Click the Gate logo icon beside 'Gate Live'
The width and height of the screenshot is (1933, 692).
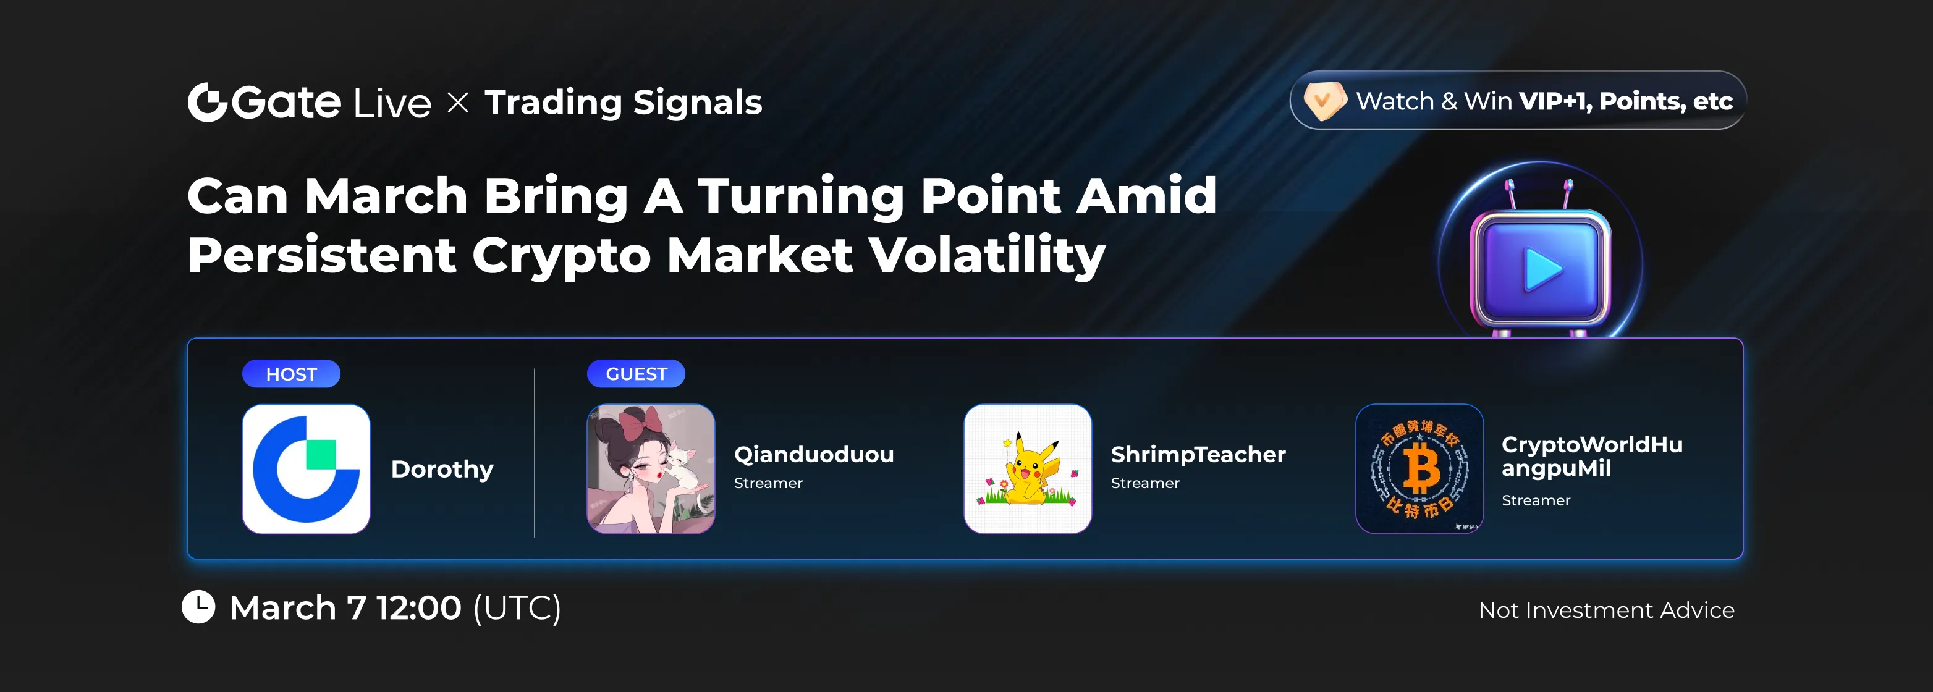click(207, 102)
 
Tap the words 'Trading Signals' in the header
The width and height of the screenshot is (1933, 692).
click(624, 103)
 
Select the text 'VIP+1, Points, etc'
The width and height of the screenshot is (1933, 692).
click(1625, 101)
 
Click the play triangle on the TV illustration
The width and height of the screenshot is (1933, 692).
click(1541, 269)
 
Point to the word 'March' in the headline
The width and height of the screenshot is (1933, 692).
click(386, 196)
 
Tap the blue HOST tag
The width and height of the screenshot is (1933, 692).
click(291, 374)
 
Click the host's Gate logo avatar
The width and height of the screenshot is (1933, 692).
click(306, 469)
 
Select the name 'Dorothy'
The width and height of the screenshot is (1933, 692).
click(442, 469)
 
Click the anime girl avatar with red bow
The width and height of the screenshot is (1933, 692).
click(651, 469)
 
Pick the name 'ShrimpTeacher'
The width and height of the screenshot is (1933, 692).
click(1198, 454)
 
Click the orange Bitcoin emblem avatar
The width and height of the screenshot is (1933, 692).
click(1419, 469)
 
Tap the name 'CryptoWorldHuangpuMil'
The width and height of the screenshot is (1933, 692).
click(1593, 457)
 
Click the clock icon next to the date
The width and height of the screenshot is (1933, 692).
click(199, 607)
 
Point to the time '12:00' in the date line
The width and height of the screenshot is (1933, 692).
click(419, 607)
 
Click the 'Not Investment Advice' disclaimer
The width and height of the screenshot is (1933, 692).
click(1607, 610)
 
